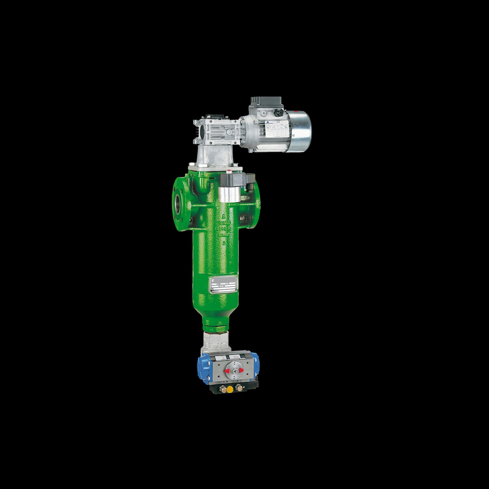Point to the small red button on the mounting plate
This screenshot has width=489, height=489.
pos(232,170)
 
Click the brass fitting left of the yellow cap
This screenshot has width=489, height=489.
pos(223,388)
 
